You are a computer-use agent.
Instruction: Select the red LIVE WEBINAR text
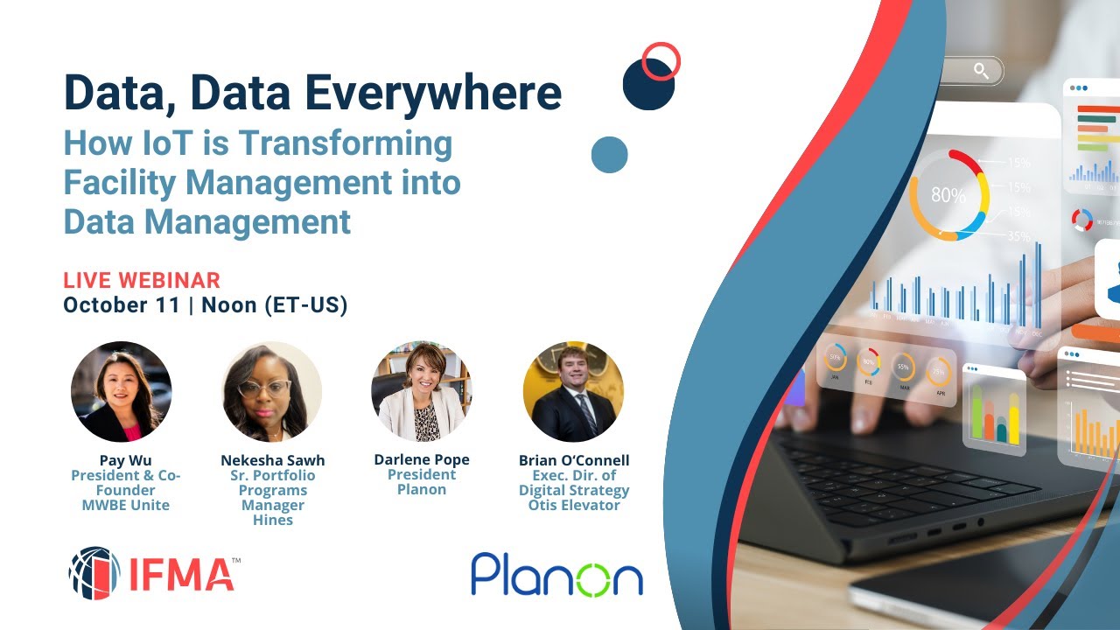[142, 281]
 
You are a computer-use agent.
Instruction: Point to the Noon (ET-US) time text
[275, 305]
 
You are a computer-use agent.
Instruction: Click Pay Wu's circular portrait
[121, 391]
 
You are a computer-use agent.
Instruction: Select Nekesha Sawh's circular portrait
[271, 391]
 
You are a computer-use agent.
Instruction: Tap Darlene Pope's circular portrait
[422, 391]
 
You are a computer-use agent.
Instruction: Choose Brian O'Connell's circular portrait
[573, 391]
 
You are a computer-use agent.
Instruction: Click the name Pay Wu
[122, 460]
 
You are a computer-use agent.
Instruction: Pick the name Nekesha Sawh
[272, 460]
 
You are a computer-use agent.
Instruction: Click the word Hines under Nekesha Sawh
[272, 520]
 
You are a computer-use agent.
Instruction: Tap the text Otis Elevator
[574, 505]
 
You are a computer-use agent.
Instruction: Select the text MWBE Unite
[122, 505]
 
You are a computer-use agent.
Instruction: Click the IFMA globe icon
[94, 573]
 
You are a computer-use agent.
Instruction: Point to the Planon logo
[556, 574]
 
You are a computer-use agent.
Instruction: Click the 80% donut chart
[948, 194]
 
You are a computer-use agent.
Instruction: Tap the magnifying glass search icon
[981, 71]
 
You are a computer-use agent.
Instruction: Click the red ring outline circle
[661, 61]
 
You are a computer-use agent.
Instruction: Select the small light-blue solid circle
[609, 155]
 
